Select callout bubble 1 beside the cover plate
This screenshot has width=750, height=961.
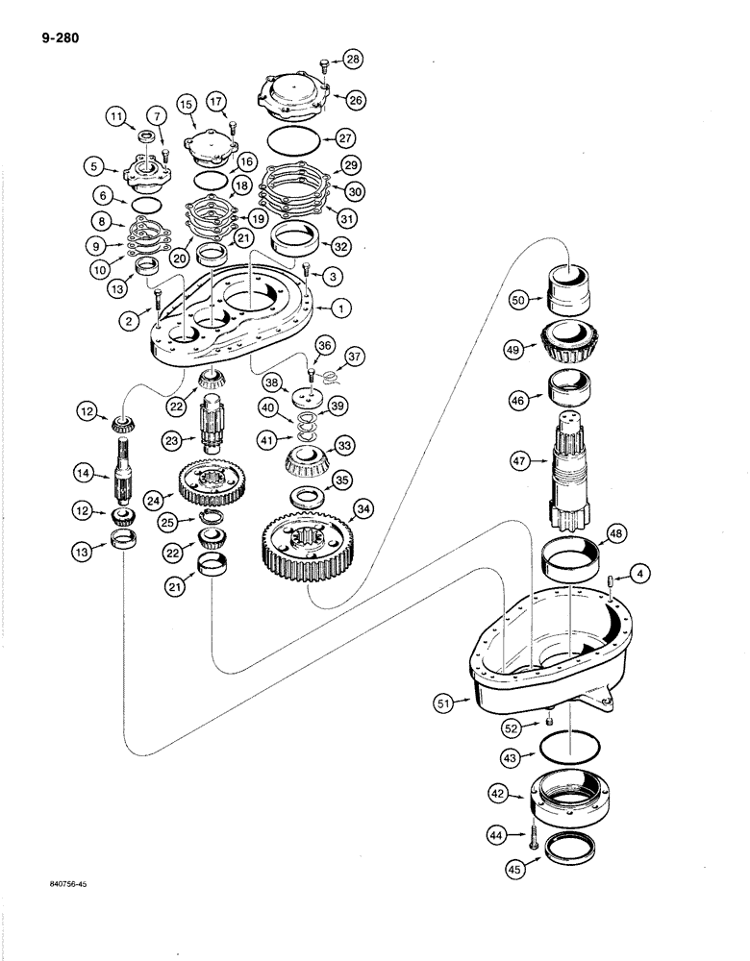point(338,308)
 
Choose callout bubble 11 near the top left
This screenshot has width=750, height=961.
point(118,118)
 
